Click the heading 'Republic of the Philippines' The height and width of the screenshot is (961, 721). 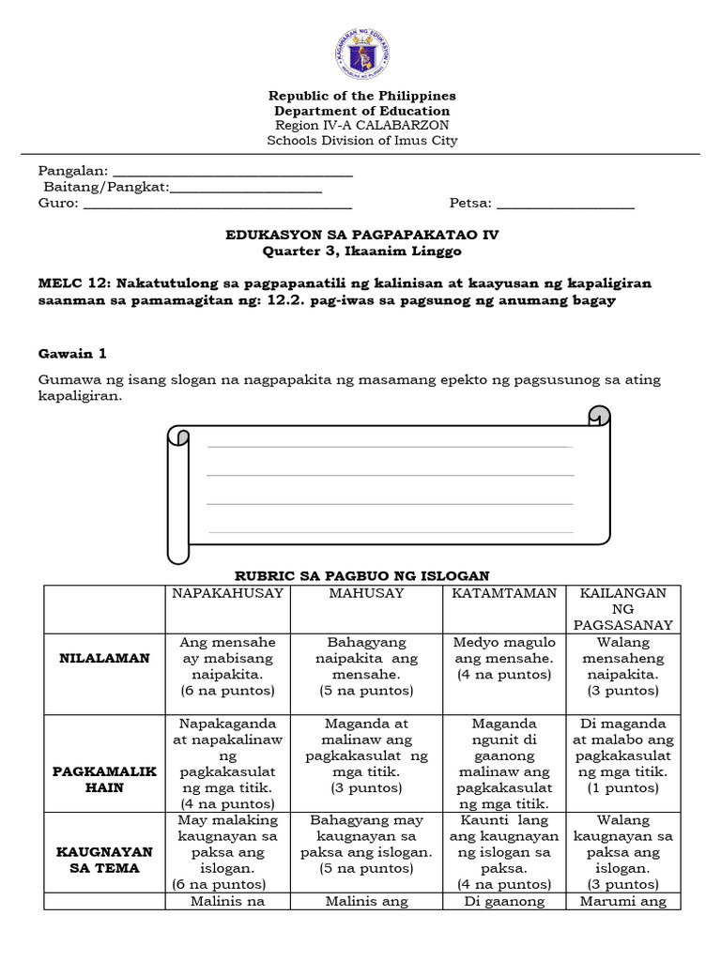(x=361, y=96)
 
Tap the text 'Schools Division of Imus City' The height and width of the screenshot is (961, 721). (x=361, y=141)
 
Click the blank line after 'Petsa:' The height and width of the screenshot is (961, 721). (x=565, y=206)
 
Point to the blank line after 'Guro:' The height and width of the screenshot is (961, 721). (x=218, y=206)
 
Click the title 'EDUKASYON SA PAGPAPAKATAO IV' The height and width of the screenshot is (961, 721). (x=361, y=236)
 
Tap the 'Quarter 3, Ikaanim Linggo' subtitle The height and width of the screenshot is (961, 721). (x=361, y=252)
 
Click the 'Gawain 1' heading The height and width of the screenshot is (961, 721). (x=72, y=354)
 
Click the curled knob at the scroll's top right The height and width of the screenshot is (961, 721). (x=597, y=415)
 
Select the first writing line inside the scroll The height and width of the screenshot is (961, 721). (x=389, y=447)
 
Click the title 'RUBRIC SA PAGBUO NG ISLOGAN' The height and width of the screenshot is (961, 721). (x=361, y=575)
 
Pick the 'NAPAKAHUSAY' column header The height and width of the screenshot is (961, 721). (x=227, y=594)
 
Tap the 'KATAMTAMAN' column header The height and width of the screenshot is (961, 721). (x=504, y=594)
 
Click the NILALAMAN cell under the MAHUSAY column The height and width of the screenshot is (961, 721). (x=365, y=666)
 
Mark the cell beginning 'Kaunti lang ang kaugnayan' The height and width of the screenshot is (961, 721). (x=504, y=852)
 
